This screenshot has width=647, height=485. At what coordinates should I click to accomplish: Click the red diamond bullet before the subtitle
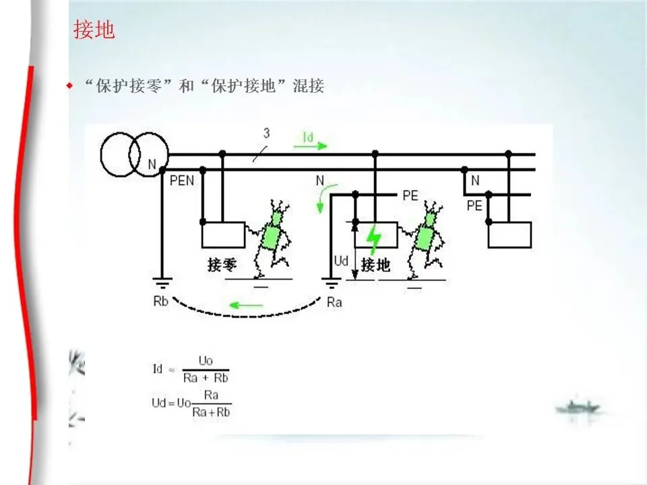(69, 86)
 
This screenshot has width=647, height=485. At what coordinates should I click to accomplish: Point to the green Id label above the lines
(307, 137)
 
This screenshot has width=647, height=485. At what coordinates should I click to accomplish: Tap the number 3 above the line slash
(266, 133)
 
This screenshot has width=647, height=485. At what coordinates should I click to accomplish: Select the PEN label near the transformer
(182, 181)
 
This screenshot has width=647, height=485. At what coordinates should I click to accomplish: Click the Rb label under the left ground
(160, 301)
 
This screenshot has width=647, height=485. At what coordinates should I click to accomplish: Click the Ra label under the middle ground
(334, 302)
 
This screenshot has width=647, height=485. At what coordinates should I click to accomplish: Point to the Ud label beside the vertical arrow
(342, 259)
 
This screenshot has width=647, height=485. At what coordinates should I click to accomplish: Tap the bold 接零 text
(223, 265)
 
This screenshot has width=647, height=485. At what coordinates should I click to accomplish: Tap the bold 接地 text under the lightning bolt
(375, 265)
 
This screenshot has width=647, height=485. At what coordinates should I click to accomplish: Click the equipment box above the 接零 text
(223, 235)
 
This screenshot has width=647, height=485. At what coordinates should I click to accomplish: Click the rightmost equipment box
(510, 235)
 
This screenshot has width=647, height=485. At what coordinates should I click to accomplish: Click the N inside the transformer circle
(152, 164)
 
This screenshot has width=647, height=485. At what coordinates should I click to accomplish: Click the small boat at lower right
(579, 407)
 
